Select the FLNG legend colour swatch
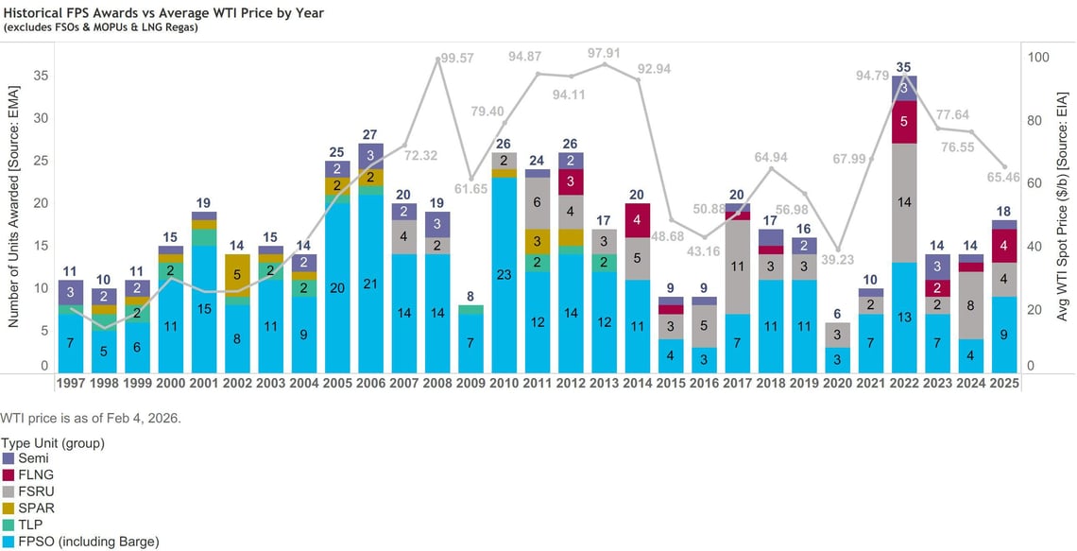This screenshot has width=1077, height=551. [x=9, y=474]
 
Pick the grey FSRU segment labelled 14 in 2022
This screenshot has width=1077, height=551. [x=904, y=201]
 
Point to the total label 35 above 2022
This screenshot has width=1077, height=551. [x=904, y=67]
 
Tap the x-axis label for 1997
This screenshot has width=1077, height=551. [x=70, y=384]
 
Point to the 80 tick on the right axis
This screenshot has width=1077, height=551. [x=1033, y=120]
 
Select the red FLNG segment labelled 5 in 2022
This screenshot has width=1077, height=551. [x=904, y=121]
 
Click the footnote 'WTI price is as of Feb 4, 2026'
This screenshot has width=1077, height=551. [x=90, y=417]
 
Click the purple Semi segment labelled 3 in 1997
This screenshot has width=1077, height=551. [x=70, y=292]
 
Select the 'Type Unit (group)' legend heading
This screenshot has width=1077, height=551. [x=52, y=442]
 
